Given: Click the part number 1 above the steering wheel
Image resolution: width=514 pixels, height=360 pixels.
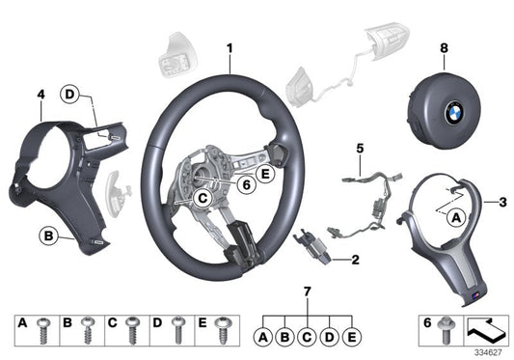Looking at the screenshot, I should (x=230, y=48).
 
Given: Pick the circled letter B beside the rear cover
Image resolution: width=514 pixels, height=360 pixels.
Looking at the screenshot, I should (x=48, y=235).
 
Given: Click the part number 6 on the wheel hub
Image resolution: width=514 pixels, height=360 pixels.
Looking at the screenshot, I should (x=246, y=180).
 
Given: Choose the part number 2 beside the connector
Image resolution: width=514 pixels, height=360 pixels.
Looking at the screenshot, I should (x=355, y=259).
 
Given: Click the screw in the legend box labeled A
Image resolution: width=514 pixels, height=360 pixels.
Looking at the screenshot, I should (x=44, y=326).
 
